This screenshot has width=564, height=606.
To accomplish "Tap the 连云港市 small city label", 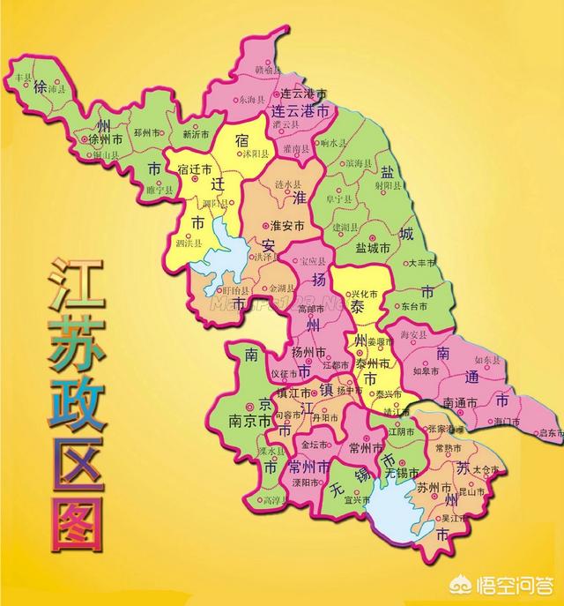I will coord(298,94).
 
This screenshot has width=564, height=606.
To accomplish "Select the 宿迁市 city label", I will coord(195,168).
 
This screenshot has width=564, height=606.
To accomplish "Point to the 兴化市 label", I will coord(359,293).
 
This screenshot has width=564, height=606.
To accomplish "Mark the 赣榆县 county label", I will coord(267,68).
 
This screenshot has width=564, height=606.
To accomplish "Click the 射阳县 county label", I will coord(388,185).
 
